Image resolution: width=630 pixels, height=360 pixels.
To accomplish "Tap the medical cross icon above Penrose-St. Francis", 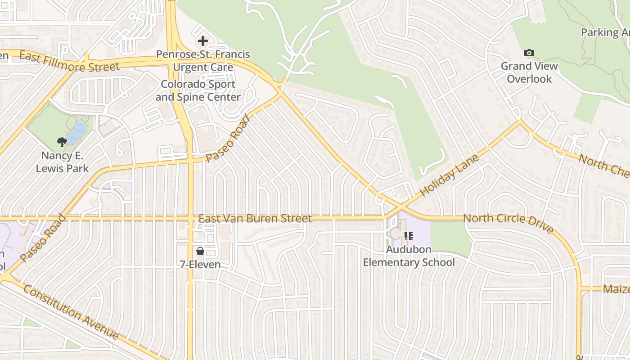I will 203,41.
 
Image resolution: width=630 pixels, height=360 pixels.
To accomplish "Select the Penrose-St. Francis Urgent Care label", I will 203,61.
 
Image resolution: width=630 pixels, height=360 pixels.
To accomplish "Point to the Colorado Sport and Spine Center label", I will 198,90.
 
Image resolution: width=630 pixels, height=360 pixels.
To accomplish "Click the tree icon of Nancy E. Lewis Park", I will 62,142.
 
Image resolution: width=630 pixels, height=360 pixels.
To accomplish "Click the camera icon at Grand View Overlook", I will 529,53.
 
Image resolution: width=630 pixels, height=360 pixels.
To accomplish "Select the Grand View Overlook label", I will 529,72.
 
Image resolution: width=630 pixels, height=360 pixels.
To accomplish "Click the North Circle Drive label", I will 508,222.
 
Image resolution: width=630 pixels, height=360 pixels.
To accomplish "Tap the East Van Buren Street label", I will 255,219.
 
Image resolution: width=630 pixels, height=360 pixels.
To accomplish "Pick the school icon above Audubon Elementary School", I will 409,236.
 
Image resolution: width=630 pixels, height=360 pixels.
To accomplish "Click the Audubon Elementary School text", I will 409,256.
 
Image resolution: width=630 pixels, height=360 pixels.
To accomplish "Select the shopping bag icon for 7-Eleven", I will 200,251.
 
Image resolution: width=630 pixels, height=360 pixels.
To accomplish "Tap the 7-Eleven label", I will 200,265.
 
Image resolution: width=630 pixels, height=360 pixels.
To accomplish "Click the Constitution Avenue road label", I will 71,311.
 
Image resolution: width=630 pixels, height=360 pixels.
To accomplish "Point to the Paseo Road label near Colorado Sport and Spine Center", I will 228,138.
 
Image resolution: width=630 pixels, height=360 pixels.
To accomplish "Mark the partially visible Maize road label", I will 616,288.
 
